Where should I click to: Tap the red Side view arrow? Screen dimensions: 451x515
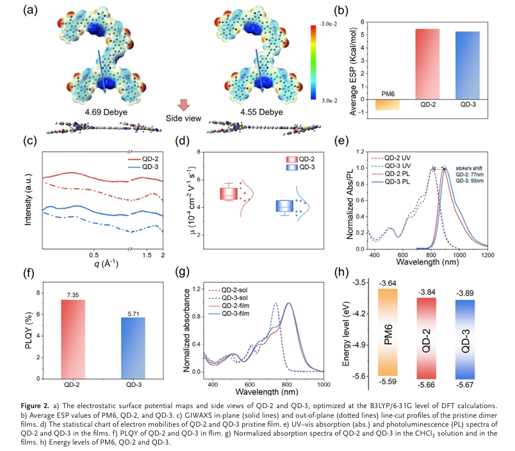[x=184, y=106]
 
